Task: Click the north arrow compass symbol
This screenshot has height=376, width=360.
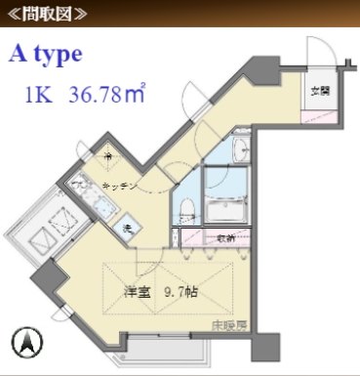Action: [27, 342]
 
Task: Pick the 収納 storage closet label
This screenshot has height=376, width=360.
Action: [224, 237]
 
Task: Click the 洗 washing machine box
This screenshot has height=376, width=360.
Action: [127, 227]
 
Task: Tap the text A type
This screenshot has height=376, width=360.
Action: [46, 54]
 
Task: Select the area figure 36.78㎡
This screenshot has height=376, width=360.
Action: [107, 95]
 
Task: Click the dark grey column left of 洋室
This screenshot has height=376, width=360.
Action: [46, 278]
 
